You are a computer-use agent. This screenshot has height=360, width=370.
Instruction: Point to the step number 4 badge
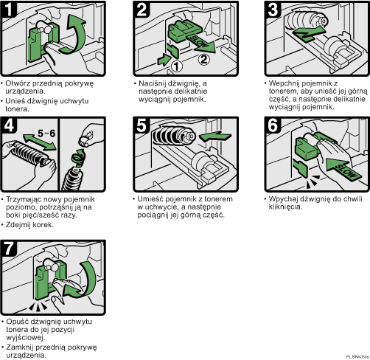tap(10, 124)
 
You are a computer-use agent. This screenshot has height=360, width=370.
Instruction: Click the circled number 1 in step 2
tap(176, 65)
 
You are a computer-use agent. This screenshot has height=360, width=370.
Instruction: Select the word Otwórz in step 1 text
tap(19, 82)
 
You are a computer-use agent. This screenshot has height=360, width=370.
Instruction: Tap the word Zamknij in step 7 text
tap(21, 346)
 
